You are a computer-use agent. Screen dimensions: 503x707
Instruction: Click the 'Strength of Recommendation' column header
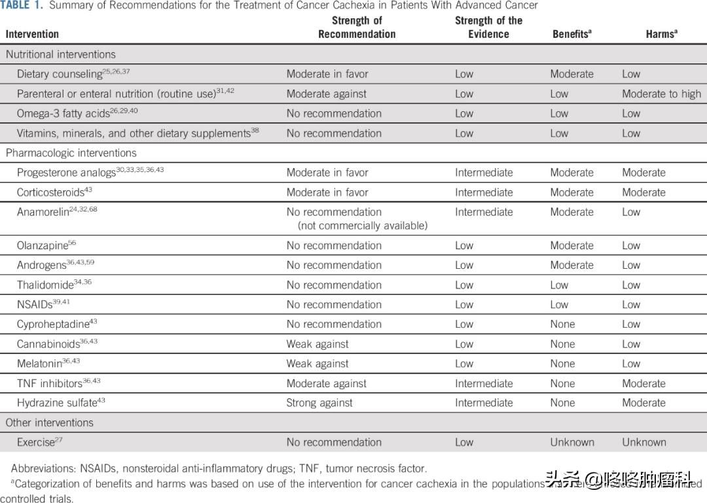pos(357,27)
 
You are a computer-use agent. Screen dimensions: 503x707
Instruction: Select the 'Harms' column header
pos(661,34)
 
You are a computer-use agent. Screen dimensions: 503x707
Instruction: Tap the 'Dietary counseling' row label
pos(60,75)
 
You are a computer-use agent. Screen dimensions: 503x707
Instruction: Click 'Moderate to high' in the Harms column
pos(661,94)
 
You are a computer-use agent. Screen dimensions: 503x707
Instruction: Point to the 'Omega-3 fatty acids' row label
pos(63,114)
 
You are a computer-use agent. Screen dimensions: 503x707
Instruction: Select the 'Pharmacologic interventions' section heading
pos(71,153)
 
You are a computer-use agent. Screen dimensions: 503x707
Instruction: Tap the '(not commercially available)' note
pos(363,226)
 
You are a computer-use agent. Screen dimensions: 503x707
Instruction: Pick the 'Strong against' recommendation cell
pos(319,403)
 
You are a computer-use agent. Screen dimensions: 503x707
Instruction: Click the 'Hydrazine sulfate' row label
pos(57,403)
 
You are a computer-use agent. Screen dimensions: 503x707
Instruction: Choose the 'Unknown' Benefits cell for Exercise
pos(571,442)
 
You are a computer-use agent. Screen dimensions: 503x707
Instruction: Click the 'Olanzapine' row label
pos(43,246)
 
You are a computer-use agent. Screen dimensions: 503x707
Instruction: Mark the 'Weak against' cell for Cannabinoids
pos(317,344)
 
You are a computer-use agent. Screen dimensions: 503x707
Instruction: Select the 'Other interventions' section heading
pos(49,423)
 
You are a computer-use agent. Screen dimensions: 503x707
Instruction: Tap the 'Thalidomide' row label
pos(45,285)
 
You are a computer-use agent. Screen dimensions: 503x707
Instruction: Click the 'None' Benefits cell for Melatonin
pos(562,364)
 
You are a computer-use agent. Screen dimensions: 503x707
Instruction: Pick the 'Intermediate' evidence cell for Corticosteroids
pos(484,192)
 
